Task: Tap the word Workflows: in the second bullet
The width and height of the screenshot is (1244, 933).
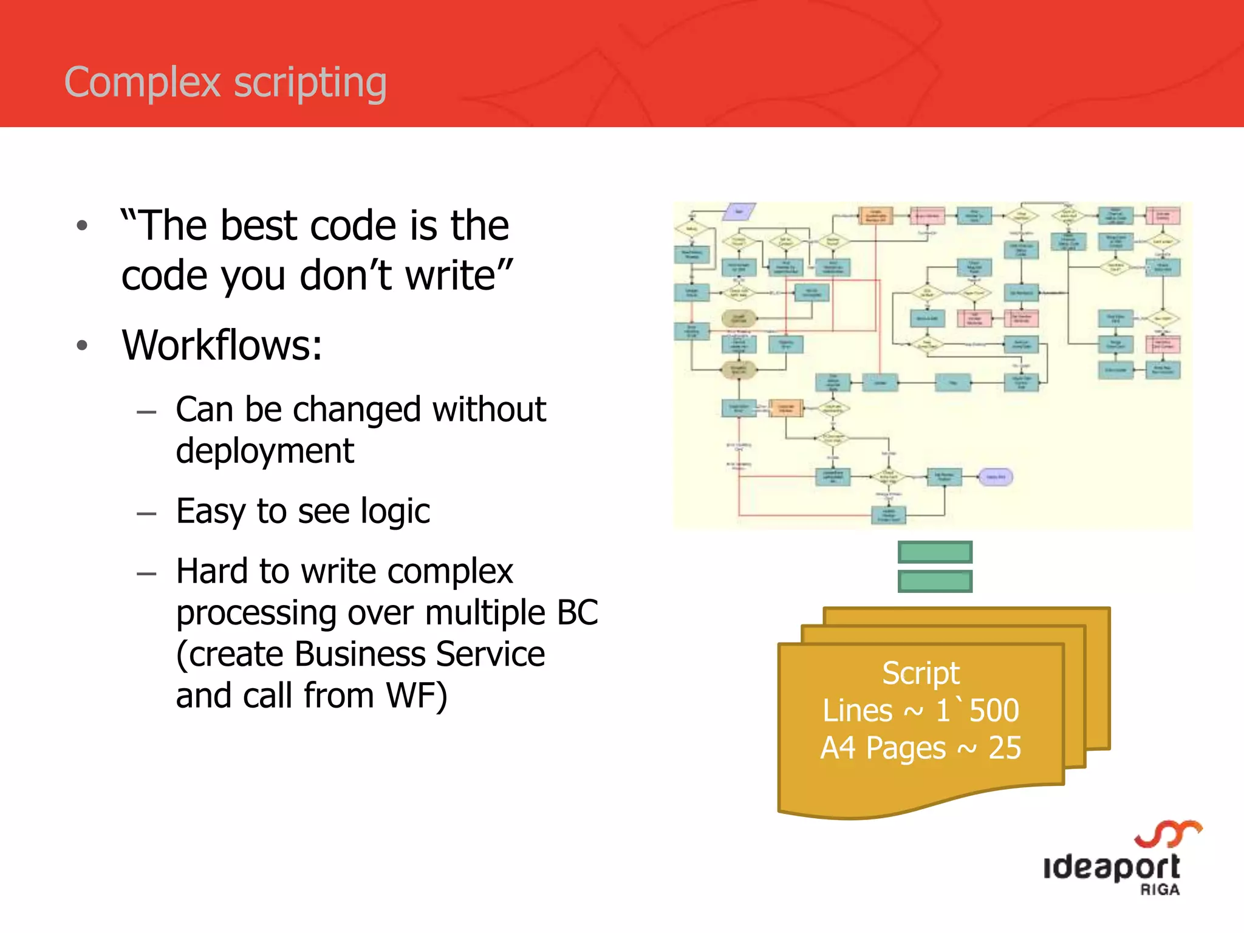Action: pyautogui.click(x=222, y=345)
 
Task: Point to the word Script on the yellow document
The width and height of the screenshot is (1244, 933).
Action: pyautogui.click(x=920, y=673)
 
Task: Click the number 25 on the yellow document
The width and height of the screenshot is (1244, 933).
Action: pyautogui.click(x=1005, y=748)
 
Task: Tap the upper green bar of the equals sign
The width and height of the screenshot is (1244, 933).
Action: pyautogui.click(x=935, y=552)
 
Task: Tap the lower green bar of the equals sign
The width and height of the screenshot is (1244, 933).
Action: pyautogui.click(x=935, y=581)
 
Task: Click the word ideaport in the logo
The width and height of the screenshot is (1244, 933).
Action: pyautogui.click(x=1111, y=867)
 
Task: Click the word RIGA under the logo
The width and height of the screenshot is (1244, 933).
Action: pyautogui.click(x=1160, y=890)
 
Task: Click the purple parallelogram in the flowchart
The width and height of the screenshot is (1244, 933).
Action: pyautogui.click(x=739, y=211)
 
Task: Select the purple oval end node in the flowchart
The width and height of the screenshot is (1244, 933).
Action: pyautogui.click(x=995, y=477)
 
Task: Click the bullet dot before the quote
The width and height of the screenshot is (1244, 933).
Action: pyautogui.click(x=82, y=226)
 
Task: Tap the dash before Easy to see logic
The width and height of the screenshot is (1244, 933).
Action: pyautogui.click(x=146, y=513)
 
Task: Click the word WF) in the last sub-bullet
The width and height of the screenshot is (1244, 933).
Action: pyautogui.click(x=417, y=695)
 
